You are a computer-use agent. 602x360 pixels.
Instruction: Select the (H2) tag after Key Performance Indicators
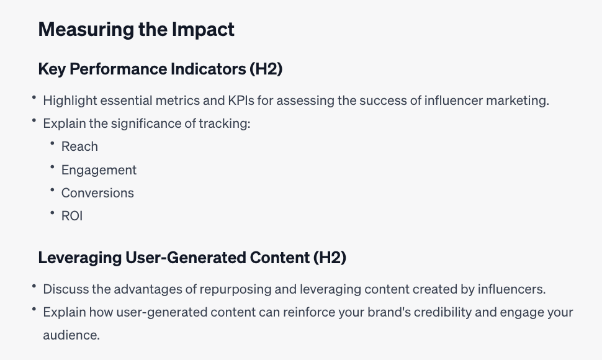coord(266,69)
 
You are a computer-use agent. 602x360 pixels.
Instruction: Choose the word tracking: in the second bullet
coord(225,124)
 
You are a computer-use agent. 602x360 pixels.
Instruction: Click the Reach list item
coord(79,146)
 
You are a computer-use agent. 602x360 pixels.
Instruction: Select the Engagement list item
coord(99,170)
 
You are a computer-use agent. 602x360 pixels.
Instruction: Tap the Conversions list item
coord(97,193)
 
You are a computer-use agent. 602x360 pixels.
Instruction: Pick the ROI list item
coord(72,216)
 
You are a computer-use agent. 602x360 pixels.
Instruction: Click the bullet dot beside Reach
coord(52,143)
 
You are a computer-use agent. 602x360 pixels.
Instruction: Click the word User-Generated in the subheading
coord(186,258)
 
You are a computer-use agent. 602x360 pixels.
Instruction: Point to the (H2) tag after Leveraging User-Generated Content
coord(330,258)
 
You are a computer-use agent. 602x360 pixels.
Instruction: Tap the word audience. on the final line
coord(71,335)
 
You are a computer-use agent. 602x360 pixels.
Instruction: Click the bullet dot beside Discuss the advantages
coord(34,286)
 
